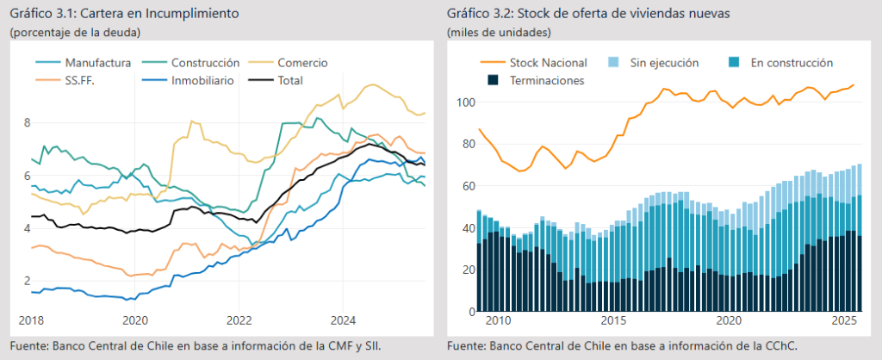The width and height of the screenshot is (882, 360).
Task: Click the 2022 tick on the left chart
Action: [239, 320]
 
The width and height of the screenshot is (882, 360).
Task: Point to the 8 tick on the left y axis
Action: [28, 123]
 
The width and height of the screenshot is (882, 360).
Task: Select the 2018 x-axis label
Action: [32, 320]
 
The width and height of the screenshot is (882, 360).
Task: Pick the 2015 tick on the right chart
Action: [614, 320]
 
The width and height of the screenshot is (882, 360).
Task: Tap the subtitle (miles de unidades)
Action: [500, 33]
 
